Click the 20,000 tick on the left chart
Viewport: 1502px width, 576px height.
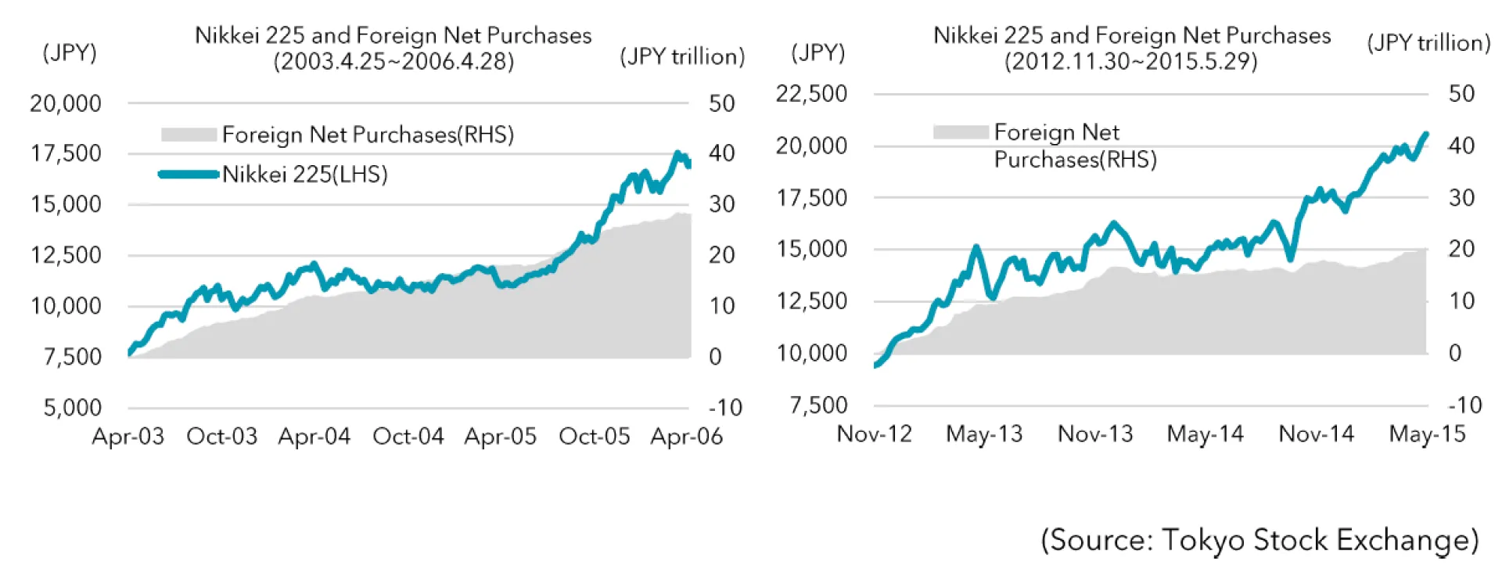click(66, 103)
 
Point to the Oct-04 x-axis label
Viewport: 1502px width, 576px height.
click(408, 436)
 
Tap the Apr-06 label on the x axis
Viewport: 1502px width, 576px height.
click(686, 436)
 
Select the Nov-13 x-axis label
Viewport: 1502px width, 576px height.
click(1095, 434)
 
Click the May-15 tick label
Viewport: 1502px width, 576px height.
click(1427, 434)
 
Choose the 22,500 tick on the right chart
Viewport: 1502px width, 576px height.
click(811, 94)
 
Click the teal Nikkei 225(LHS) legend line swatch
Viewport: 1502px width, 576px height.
click(189, 174)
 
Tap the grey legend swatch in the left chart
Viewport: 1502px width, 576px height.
click(189, 135)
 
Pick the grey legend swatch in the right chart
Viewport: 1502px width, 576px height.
click(961, 132)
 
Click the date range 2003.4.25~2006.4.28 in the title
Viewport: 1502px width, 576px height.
click(393, 61)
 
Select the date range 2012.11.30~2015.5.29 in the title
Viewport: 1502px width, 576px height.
click(1131, 61)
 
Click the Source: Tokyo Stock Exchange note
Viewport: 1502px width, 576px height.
click(1259, 540)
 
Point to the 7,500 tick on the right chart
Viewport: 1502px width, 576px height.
click(818, 405)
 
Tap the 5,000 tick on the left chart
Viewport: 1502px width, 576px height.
click(72, 408)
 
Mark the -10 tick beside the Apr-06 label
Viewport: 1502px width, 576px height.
click(725, 408)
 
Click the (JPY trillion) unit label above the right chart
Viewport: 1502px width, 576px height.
click(1428, 43)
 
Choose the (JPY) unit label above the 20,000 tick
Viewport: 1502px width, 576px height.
click(70, 52)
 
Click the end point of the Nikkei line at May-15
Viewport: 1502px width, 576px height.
click(1426, 134)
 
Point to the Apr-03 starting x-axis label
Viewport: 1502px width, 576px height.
click(128, 436)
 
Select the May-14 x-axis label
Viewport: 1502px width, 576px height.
click(1205, 434)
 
